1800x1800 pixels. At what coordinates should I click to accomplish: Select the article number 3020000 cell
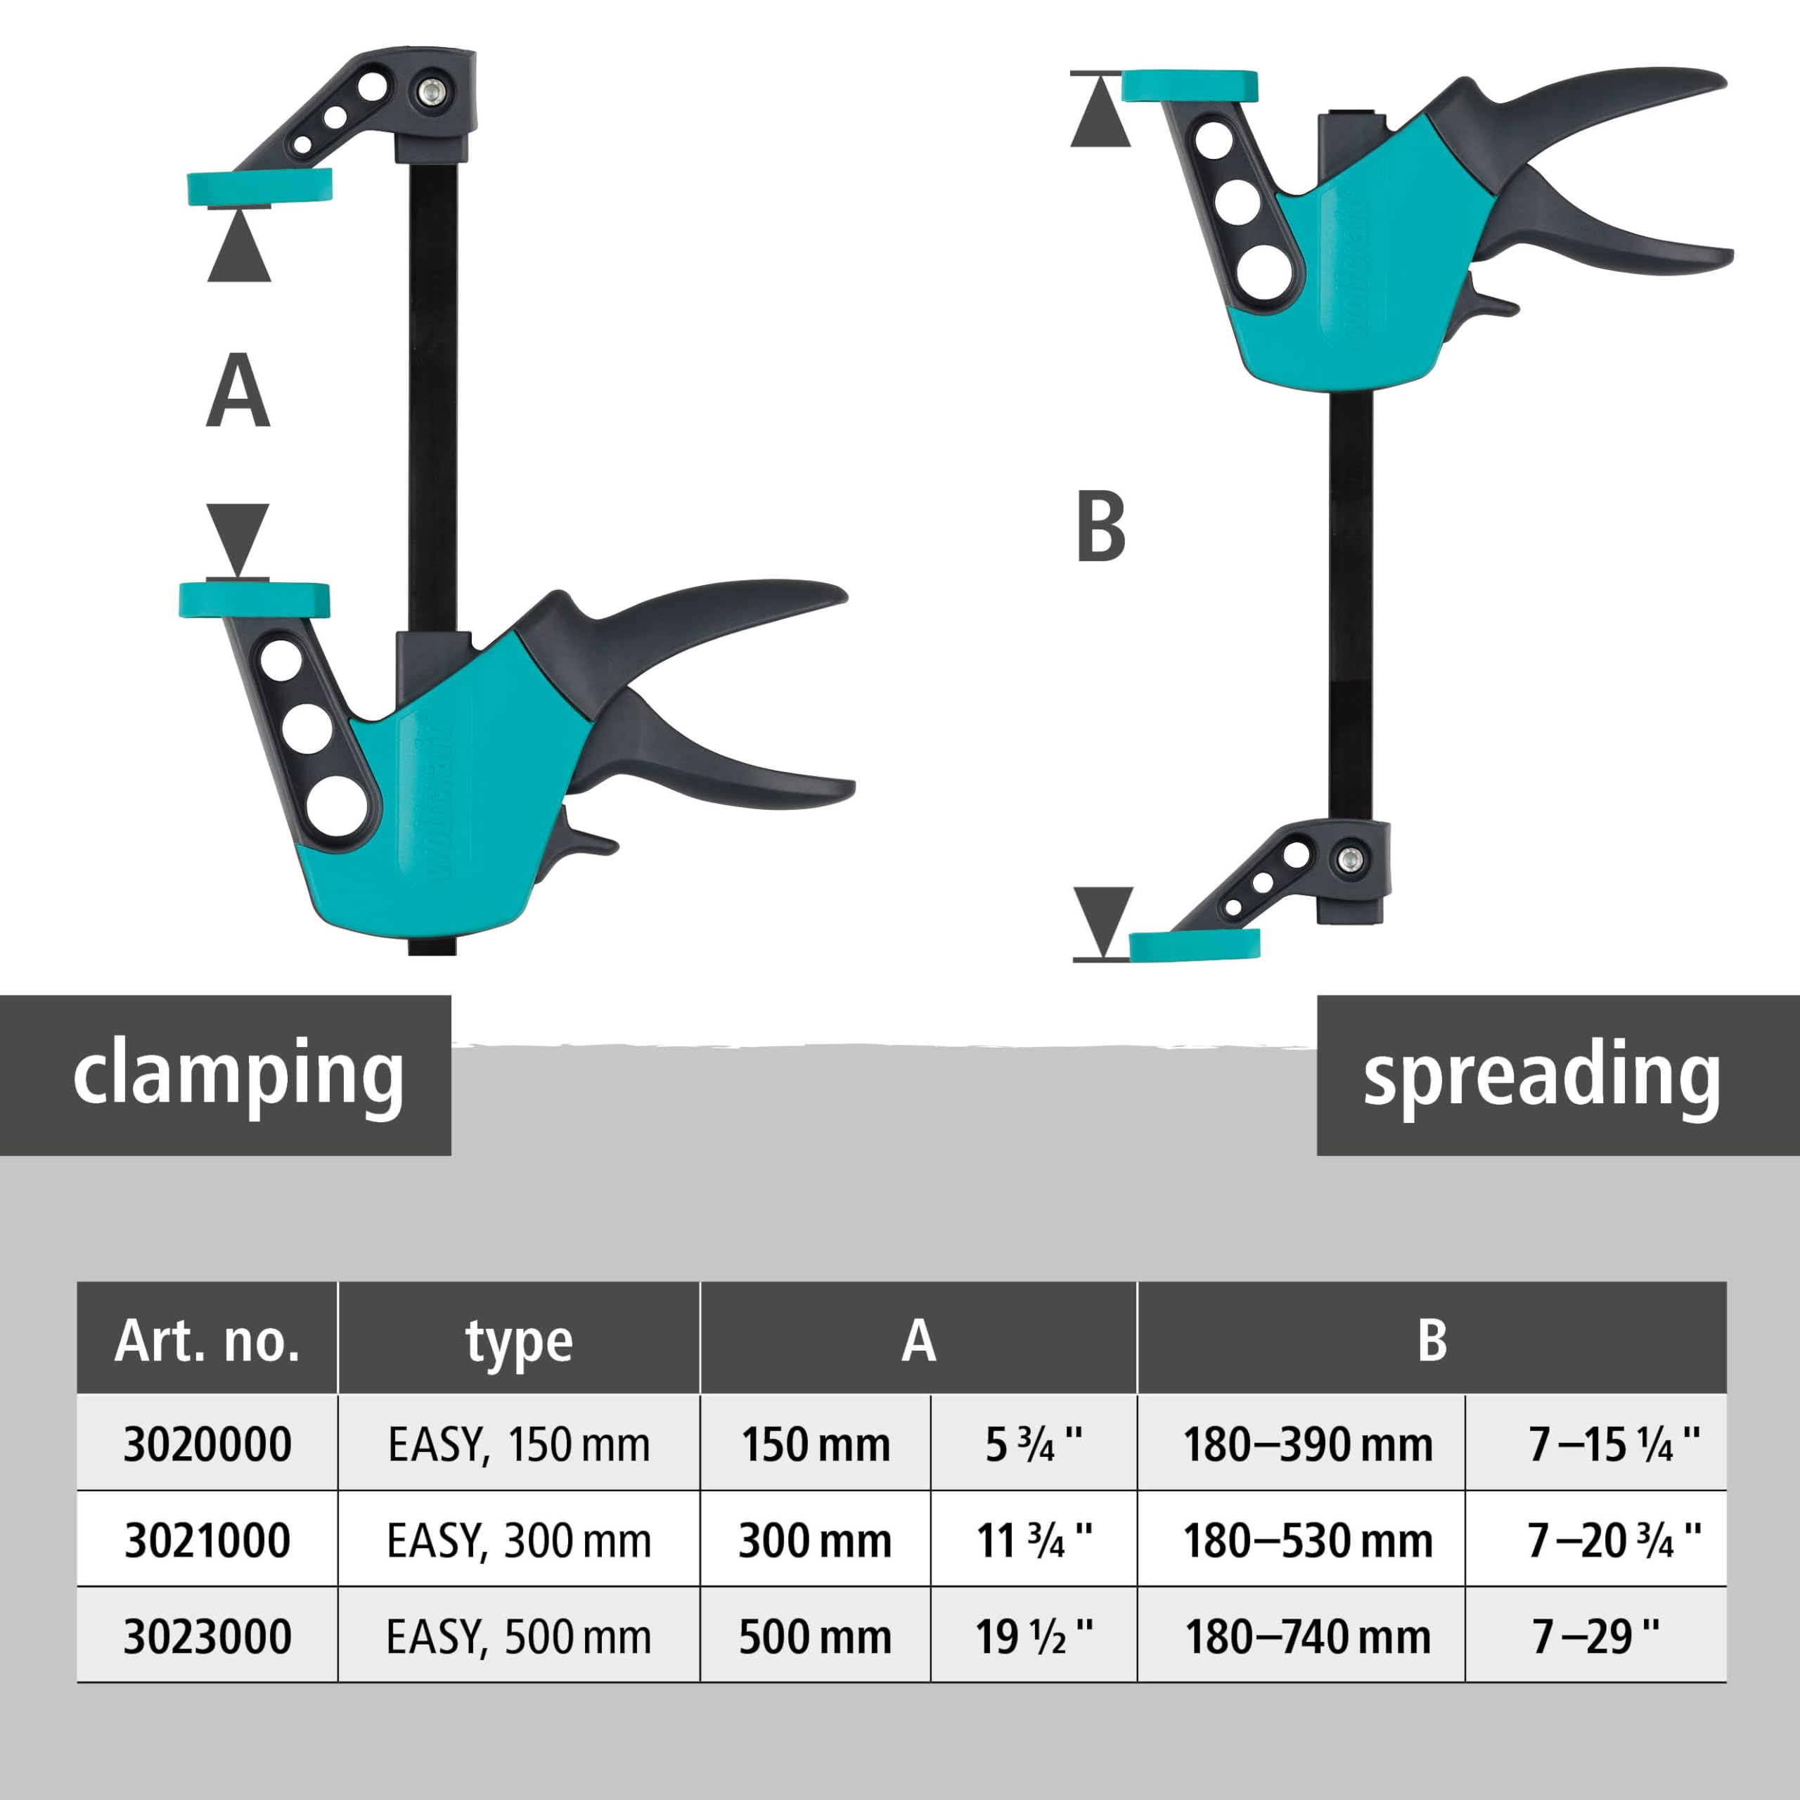tap(207, 1445)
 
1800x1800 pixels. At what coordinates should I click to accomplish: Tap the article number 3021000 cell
tap(207, 1540)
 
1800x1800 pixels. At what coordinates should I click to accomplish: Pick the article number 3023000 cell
tap(207, 1636)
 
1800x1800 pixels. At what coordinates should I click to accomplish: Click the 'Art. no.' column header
tap(207, 1341)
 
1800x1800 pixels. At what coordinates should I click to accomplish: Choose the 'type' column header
tap(519, 1341)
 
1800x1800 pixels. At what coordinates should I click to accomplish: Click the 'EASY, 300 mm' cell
tap(519, 1540)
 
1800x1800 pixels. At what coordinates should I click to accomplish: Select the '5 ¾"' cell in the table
tap(1034, 1445)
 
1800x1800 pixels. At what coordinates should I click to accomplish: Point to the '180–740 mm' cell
tap(1307, 1636)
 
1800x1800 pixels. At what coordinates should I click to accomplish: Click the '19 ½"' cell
tap(1034, 1636)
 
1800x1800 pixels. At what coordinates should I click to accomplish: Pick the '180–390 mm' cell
tap(1307, 1445)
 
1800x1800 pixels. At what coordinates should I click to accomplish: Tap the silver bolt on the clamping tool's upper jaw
tap(430, 91)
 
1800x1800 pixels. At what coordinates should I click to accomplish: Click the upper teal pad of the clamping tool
tap(259, 187)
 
